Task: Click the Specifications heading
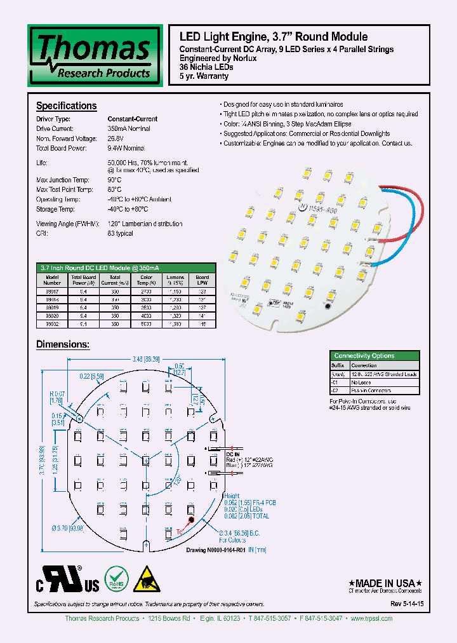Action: (x=66, y=106)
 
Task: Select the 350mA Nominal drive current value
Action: (x=129, y=128)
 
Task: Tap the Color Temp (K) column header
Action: (x=146, y=280)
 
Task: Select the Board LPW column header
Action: (x=202, y=280)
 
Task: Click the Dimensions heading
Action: (x=63, y=344)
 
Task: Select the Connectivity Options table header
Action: (x=364, y=356)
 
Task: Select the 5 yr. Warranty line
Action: (x=204, y=76)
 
